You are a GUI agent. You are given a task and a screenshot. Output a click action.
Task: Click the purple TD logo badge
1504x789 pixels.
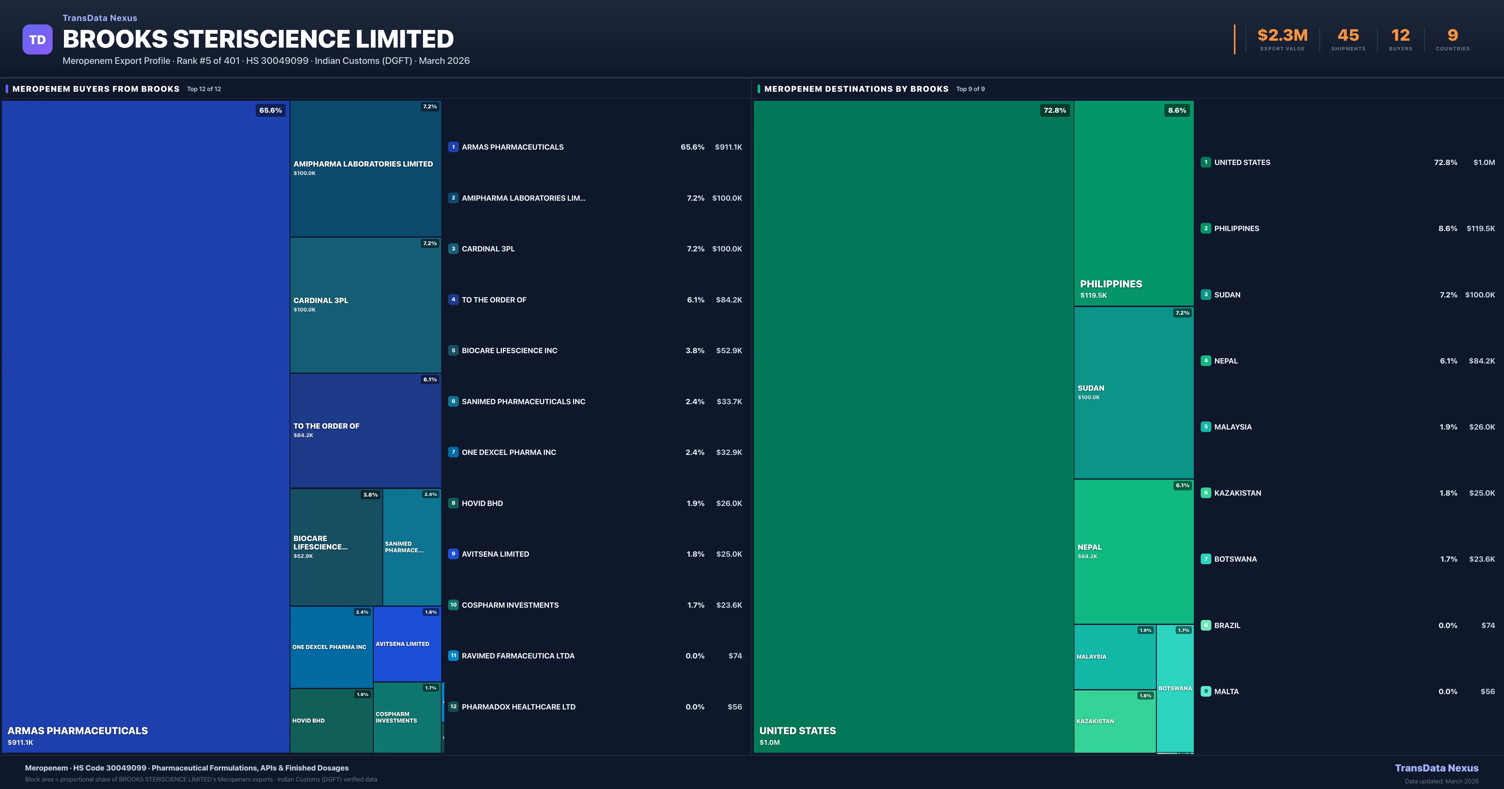tap(37, 40)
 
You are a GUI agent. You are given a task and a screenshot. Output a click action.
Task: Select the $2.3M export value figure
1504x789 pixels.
tap(1282, 36)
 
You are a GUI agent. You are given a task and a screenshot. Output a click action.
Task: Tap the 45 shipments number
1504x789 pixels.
tap(1348, 36)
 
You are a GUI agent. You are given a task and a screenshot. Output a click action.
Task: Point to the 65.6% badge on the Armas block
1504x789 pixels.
tap(270, 110)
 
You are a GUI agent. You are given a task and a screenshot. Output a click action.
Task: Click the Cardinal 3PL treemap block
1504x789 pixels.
tap(365, 305)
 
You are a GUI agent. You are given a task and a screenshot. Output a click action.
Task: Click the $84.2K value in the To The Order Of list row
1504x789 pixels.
tap(728, 300)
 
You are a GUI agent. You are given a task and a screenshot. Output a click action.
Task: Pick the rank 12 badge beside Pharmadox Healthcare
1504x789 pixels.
tap(453, 707)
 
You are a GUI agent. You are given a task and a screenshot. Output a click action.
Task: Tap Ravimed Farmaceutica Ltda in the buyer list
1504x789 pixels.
tap(518, 656)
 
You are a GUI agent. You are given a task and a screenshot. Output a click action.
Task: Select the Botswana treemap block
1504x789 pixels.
tap(1175, 688)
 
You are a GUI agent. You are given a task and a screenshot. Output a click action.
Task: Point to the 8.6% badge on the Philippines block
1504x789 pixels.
tap(1177, 110)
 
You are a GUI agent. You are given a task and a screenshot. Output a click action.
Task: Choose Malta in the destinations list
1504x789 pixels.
tap(1226, 692)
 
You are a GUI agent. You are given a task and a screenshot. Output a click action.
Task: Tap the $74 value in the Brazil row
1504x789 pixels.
tap(1488, 626)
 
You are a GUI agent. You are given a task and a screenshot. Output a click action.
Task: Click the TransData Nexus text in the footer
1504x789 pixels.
tap(1436, 768)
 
